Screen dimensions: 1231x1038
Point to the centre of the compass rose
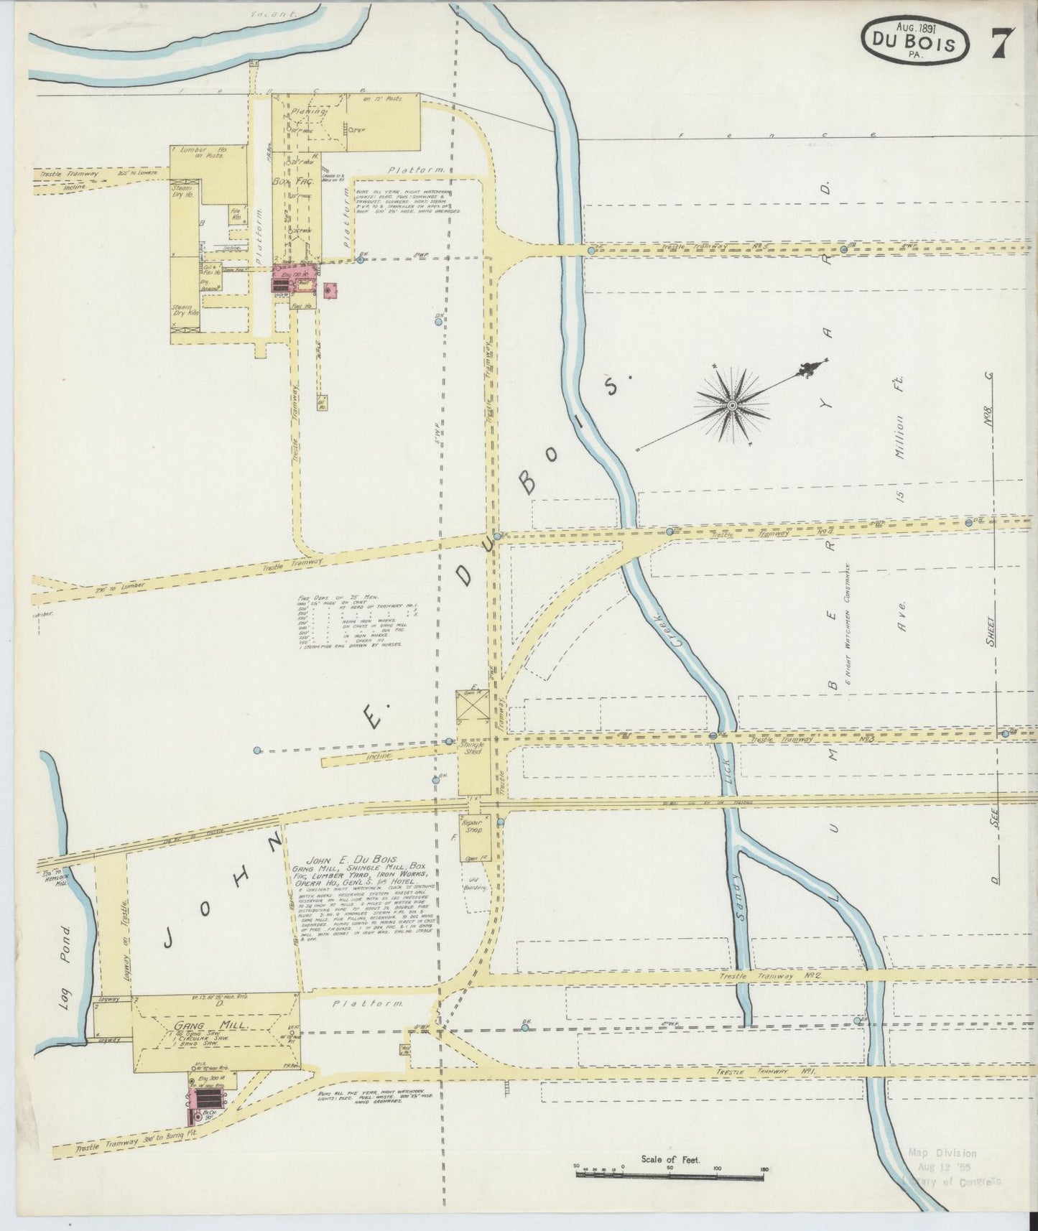click(x=731, y=406)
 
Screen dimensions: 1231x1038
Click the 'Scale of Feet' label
click(x=670, y=1159)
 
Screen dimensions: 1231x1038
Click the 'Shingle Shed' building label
click(x=472, y=748)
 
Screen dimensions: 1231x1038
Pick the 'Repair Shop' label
click(x=472, y=826)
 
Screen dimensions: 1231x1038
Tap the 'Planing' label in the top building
click(x=310, y=112)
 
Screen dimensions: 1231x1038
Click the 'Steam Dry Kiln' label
click(x=185, y=311)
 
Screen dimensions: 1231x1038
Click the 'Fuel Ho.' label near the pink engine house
click(x=303, y=305)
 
